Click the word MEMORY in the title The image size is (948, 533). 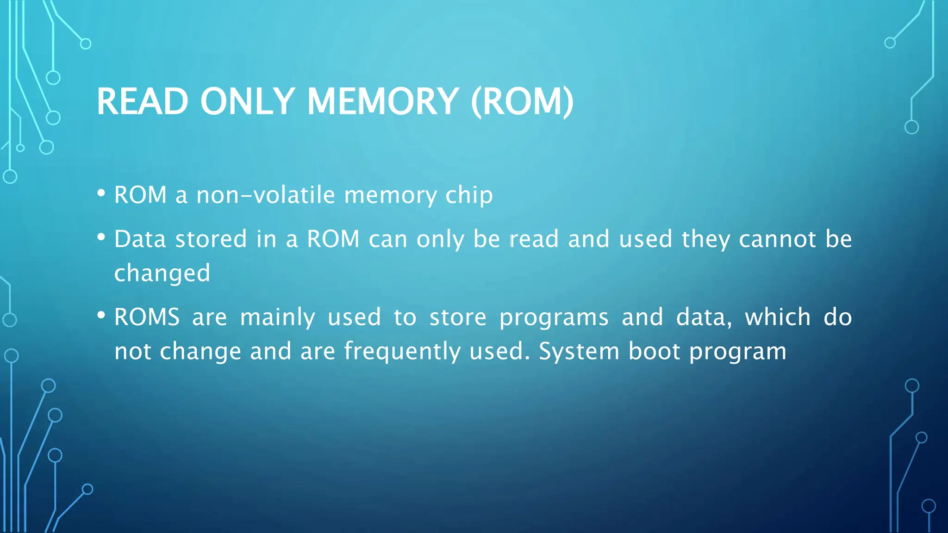tap(383, 101)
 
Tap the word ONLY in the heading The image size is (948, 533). tap(247, 101)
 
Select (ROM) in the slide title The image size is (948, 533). tap(522, 101)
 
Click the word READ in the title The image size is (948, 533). tap(142, 101)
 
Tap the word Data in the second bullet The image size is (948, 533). tap(140, 239)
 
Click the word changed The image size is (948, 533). tap(162, 273)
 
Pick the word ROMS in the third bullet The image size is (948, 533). tap(147, 317)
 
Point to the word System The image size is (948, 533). tap(579, 351)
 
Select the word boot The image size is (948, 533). tap(654, 351)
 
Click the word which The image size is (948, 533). tap(778, 317)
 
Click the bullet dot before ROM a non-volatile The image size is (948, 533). tap(101, 193)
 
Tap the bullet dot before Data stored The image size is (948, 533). tap(101, 237)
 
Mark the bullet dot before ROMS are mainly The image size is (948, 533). tap(101, 316)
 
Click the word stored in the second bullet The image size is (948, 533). tap(211, 239)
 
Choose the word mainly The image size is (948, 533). tap(277, 317)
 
